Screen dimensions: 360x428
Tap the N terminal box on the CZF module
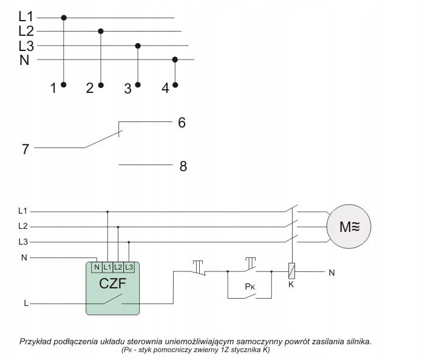click(x=97, y=267)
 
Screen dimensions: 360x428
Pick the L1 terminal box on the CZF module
click(x=107, y=267)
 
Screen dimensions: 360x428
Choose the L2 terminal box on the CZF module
click(x=118, y=267)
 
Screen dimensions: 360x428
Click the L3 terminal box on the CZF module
click(x=129, y=267)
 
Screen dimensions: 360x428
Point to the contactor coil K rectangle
click(x=292, y=271)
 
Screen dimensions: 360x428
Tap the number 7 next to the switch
click(x=25, y=149)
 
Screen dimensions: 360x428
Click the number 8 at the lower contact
click(x=183, y=166)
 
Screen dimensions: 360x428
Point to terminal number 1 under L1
click(x=53, y=89)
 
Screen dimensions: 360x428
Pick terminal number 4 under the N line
click(x=166, y=89)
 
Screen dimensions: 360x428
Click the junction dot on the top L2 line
click(x=101, y=30)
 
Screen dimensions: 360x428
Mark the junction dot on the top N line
click(x=175, y=59)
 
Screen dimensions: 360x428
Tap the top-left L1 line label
click(x=26, y=17)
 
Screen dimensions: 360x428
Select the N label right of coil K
click(x=331, y=273)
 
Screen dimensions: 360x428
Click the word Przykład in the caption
click(x=38, y=341)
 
